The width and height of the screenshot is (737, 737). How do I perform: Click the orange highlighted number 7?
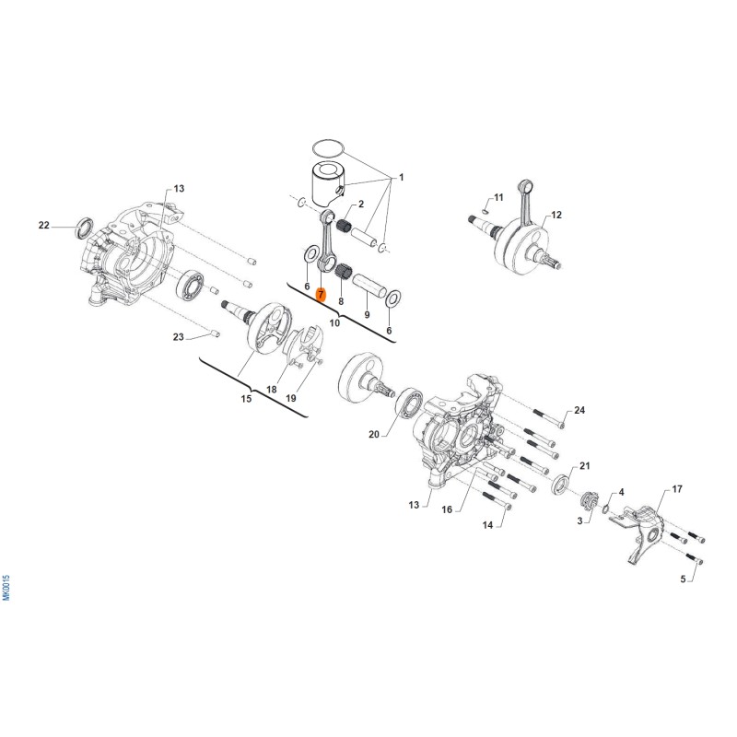321,295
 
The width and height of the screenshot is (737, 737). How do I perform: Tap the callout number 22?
44,225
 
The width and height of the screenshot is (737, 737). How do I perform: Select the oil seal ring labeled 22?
84,225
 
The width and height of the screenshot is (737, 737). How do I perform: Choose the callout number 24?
579,410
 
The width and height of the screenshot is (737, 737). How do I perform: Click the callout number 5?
684,579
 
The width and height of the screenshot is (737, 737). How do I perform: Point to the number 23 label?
178,336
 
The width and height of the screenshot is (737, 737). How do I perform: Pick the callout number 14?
488,524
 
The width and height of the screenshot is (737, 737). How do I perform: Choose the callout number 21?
585,466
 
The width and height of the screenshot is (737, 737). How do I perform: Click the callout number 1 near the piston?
401,177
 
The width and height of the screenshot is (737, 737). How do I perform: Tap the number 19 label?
290,398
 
